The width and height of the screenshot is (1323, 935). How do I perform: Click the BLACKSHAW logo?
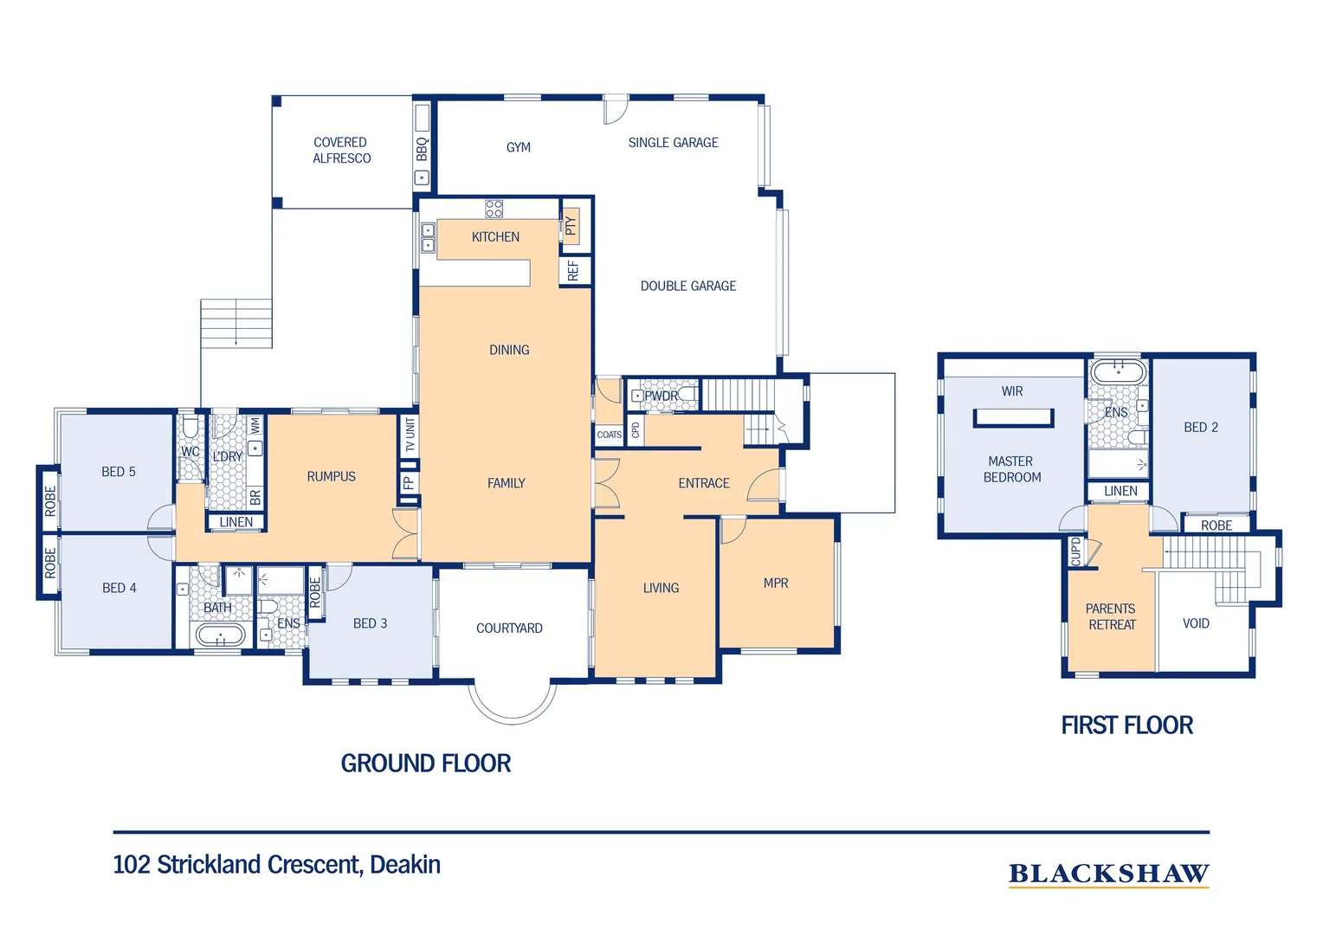pyautogui.click(x=1108, y=874)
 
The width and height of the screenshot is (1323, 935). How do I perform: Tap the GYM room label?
pyautogui.click(x=518, y=147)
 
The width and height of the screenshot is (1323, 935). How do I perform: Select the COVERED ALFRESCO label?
pyautogui.click(x=341, y=150)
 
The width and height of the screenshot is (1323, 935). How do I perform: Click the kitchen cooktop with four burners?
pyautogui.click(x=494, y=209)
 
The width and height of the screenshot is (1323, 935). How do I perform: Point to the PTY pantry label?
pyautogui.click(x=570, y=226)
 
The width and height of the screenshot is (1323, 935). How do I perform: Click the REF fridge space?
pyautogui.click(x=574, y=270)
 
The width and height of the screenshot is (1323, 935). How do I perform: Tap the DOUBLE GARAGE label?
pyautogui.click(x=688, y=286)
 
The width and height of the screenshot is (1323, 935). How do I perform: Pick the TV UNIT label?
pyautogui.click(x=410, y=435)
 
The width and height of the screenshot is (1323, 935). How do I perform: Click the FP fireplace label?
pyautogui.click(x=409, y=483)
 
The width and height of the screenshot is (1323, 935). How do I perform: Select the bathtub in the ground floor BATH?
pyautogui.click(x=220, y=635)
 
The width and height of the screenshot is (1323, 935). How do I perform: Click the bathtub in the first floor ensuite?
pyautogui.click(x=1118, y=373)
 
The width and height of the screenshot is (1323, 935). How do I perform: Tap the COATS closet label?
pyautogui.click(x=609, y=435)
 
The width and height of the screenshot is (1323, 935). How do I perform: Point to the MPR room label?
pyautogui.click(x=776, y=583)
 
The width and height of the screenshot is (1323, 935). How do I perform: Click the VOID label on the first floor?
pyautogui.click(x=1196, y=623)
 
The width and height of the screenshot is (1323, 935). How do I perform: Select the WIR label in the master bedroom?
pyautogui.click(x=1012, y=391)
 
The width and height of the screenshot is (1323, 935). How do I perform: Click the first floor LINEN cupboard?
pyautogui.click(x=1120, y=491)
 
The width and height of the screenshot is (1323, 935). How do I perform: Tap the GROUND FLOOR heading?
pyautogui.click(x=426, y=763)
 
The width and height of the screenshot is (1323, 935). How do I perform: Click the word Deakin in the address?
pyautogui.click(x=405, y=865)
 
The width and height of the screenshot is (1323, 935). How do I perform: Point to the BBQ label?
pyautogui.click(x=422, y=149)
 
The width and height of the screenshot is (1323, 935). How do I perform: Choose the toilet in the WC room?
pyautogui.click(x=190, y=427)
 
